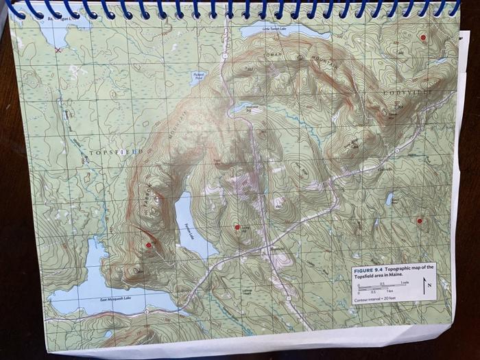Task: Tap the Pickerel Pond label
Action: [200, 75]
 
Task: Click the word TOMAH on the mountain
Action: [274, 53]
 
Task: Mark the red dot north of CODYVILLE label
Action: [423, 37]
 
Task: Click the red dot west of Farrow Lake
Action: [148, 244]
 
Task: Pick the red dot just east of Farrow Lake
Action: [237, 226]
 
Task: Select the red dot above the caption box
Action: [418, 220]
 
